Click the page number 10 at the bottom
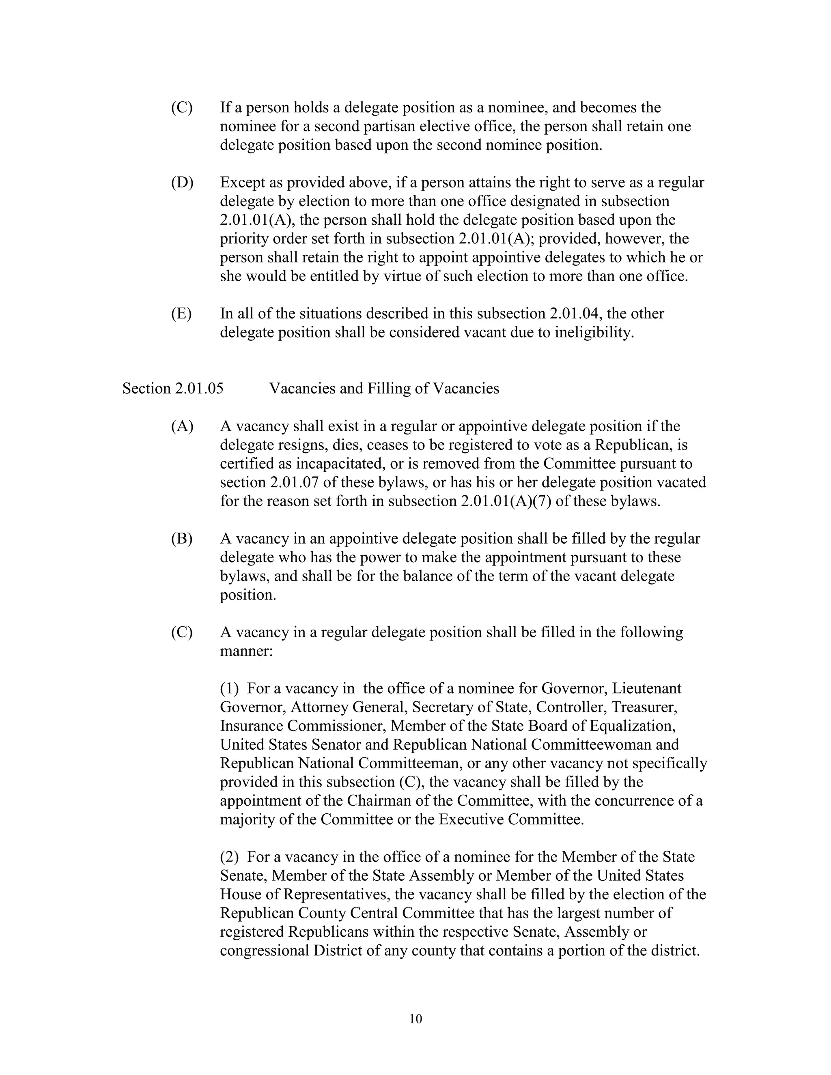pyautogui.click(x=415, y=1018)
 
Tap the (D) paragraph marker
pyautogui.click(x=182, y=183)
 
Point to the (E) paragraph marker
pyautogui.click(x=181, y=314)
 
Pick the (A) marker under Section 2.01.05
pyautogui.click(x=182, y=426)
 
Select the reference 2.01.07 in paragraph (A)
pyautogui.click(x=295, y=482)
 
